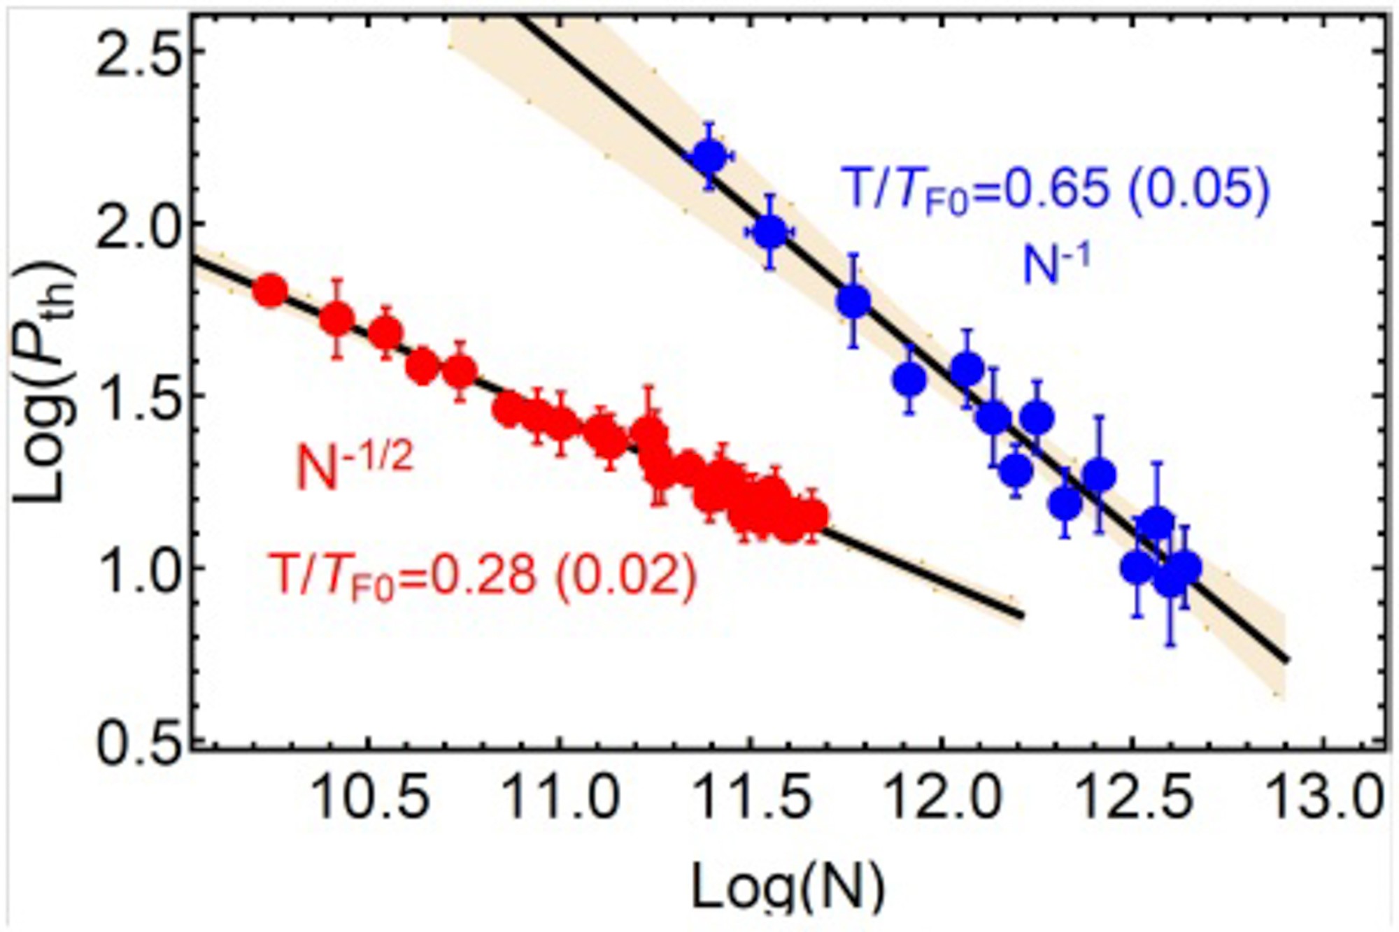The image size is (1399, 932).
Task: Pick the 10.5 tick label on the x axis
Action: [x=369, y=797]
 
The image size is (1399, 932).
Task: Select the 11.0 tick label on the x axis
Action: [x=560, y=797]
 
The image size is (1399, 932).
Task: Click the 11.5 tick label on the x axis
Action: [x=752, y=797]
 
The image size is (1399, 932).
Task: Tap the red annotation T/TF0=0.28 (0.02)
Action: [x=483, y=578]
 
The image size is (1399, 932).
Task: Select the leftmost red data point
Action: [x=270, y=291]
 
